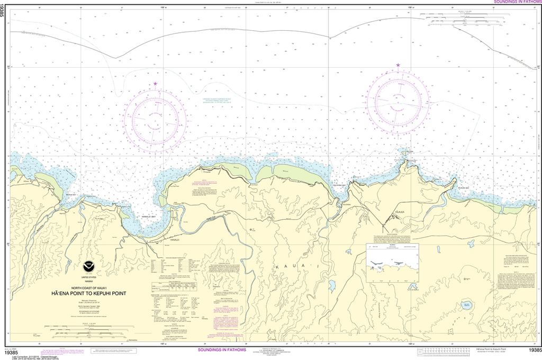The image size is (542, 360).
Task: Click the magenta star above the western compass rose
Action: point(155,84)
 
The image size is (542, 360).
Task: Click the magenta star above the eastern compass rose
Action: point(398,66)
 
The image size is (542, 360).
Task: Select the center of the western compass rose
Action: point(155,120)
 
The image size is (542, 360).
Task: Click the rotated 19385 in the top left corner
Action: point(4,11)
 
